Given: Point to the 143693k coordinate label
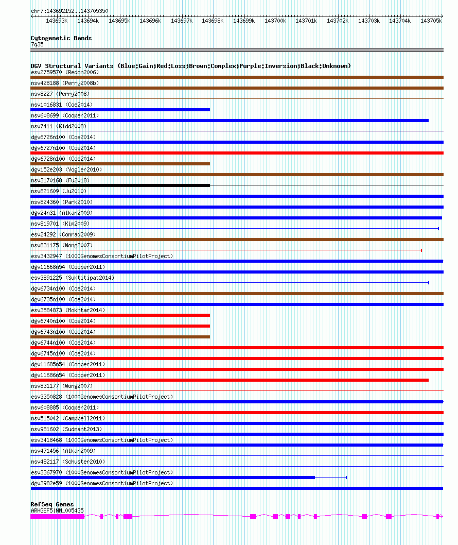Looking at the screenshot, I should [x=57, y=21].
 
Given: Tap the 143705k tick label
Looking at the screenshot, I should [x=431, y=21].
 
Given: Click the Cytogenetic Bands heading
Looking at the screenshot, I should [x=61, y=38].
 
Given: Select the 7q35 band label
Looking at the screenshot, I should [x=37, y=44].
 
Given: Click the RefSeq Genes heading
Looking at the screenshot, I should [x=52, y=504].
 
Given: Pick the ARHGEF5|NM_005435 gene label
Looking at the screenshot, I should [x=57, y=510].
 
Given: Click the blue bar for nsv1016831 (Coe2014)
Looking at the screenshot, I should [x=120, y=110].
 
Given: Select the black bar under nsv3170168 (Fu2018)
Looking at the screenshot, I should [x=120, y=185].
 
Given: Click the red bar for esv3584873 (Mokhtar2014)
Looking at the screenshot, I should [x=120, y=315].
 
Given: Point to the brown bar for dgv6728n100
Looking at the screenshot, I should [x=120, y=164].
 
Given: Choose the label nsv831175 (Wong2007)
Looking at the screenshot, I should [x=55, y=245].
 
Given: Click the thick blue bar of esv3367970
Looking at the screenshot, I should [x=172, y=478].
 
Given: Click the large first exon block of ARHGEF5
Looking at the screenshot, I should [x=57, y=516].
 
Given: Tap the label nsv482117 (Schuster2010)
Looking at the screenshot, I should [x=61, y=462].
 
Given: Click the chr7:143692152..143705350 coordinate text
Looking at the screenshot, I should [x=69, y=11].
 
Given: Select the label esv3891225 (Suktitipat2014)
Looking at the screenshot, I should [x=73, y=278].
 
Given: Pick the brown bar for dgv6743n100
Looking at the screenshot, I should [x=120, y=337].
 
